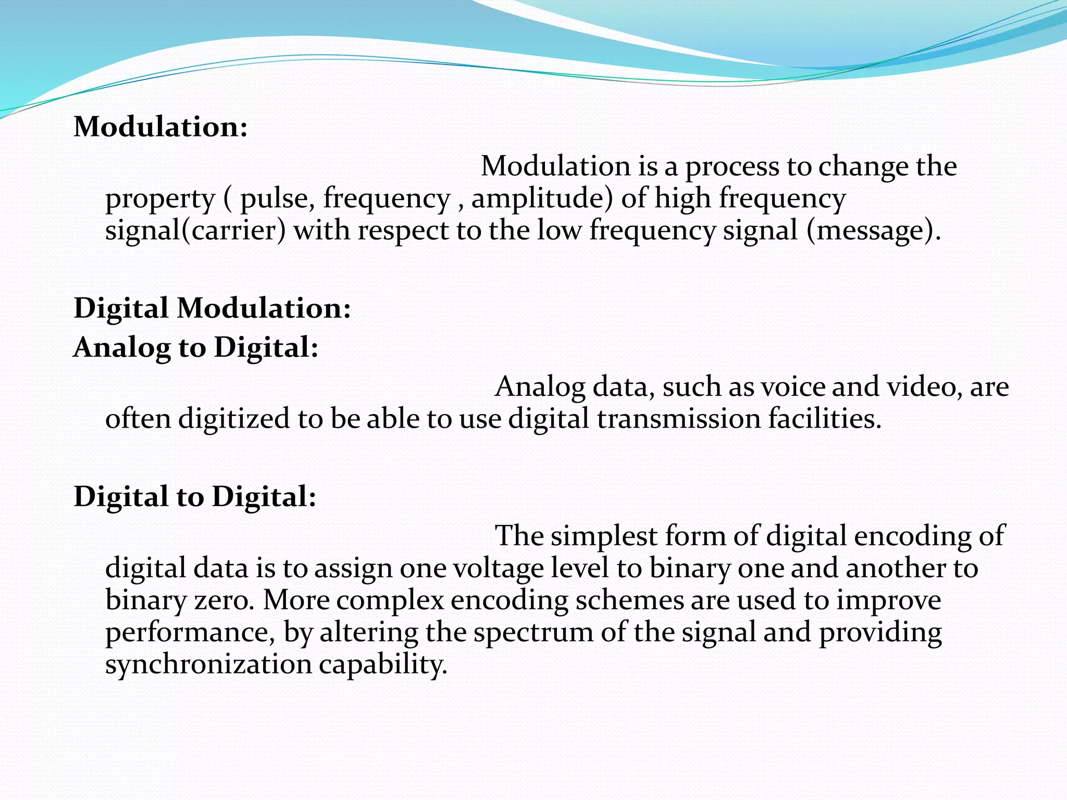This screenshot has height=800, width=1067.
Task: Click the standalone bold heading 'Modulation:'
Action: pos(160,127)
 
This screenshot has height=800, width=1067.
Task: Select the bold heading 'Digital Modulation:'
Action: pos(213,308)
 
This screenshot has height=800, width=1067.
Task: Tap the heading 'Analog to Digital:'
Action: pos(196,347)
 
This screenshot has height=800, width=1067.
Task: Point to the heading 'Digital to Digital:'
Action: pos(195,496)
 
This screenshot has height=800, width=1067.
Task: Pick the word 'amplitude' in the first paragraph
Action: pos(542,199)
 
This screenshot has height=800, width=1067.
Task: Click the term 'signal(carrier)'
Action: pos(195,231)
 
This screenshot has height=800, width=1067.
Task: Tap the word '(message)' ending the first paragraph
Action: pos(873,231)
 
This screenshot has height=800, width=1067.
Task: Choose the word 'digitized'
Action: pos(234,419)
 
